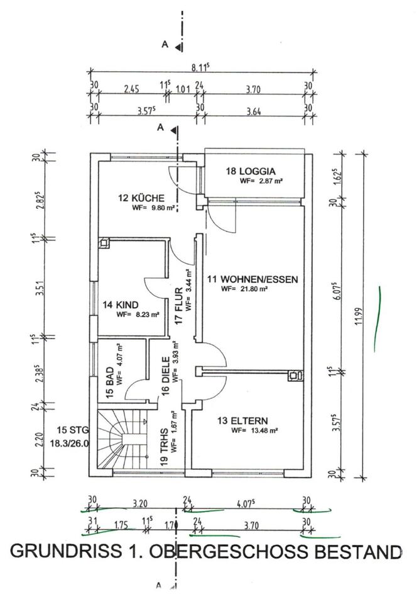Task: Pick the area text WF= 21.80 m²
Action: (x=245, y=290)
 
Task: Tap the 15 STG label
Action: (x=71, y=430)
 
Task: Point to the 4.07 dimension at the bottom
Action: (x=251, y=503)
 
